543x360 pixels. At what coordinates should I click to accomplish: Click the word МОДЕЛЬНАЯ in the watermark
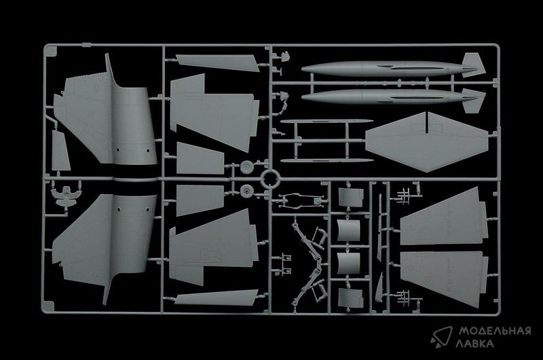(x=495, y=331)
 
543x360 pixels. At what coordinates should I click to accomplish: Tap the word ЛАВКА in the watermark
(x=474, y=344)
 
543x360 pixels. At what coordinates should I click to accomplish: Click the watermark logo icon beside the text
(x=441, y=336)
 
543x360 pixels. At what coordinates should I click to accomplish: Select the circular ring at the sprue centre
(x=269, y=179)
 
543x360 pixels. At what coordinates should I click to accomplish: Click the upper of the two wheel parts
(x=246, y=166)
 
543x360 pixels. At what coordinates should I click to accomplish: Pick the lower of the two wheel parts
(x=246, y=191)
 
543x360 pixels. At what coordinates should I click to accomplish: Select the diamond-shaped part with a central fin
(x=427, y=142)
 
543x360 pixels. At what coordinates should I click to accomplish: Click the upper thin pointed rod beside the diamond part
(x=327, y=122)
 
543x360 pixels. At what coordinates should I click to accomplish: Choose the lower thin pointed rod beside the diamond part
(x=327, y=160)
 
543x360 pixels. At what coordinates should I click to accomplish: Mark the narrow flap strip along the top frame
(x=217, y=62)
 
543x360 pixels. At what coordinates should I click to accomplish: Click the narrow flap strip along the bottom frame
(x=217, y=298)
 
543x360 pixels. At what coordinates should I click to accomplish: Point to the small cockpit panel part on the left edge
(x=65, y=195)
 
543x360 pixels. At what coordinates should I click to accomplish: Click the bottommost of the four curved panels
(x=350, y=298)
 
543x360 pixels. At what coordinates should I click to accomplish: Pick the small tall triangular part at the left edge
(x=60, y=151)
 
